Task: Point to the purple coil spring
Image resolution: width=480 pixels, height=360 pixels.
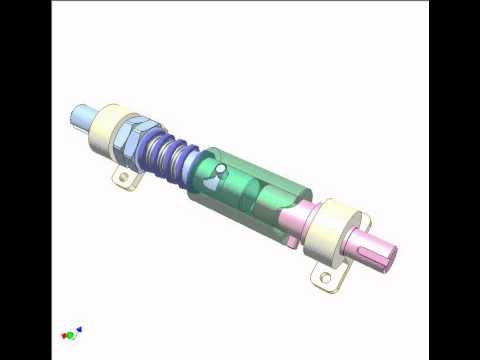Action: (x=165, y=160)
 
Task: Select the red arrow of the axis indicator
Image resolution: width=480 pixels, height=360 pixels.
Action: (x=63, y=333)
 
